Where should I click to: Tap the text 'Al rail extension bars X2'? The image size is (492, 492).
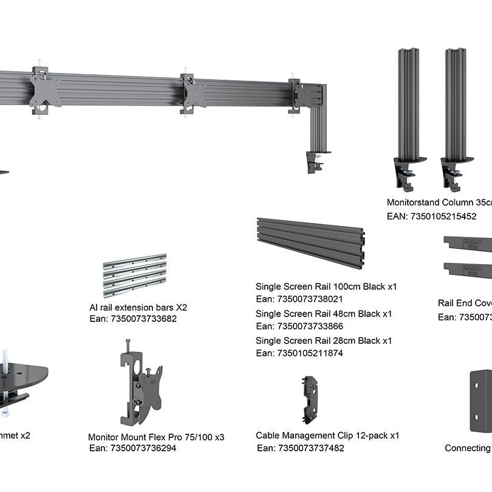tap(138, 307)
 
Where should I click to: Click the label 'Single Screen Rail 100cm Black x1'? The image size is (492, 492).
tap(326, 286)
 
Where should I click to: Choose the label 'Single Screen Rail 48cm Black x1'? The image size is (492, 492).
tap(323, 314)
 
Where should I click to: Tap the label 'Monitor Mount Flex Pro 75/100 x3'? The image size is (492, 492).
tap(156, 437)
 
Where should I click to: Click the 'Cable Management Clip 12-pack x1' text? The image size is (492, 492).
tap(327, 436)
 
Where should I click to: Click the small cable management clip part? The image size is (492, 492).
tap(310, 398)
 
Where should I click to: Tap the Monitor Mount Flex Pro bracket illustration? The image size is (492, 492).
tap(140, 386)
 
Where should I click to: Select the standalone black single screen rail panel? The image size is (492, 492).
tap(310, 243)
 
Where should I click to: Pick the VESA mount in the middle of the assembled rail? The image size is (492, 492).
tap(194, 94)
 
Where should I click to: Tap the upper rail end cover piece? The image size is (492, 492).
tap(468, 243)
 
